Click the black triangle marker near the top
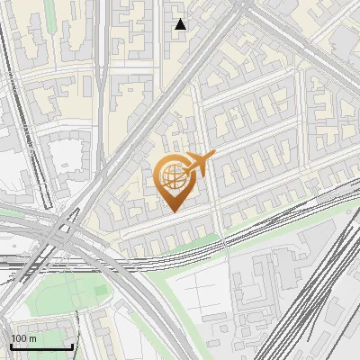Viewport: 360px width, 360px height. click(181, 24)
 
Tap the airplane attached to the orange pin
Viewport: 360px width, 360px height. click(199, 163)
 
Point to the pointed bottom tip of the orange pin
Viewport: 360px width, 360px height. click(172, 211)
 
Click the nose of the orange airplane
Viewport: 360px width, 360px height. click(213, 155)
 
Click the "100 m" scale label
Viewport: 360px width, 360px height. click(23, 338)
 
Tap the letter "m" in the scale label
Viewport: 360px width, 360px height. click(32, 338)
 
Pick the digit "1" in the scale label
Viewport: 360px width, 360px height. click(13, 338)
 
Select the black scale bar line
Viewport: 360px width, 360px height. click(41, 347)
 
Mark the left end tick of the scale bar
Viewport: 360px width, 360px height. click(11, 346)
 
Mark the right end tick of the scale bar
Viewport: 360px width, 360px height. click(72, 346)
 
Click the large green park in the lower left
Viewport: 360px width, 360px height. click(63, 292)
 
